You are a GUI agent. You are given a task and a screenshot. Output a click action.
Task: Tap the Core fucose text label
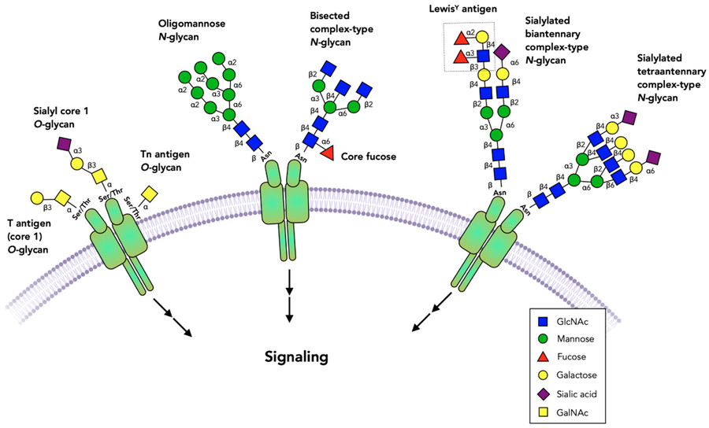tap(369, 157)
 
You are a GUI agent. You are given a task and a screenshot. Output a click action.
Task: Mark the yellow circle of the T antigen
tap(37, 197)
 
